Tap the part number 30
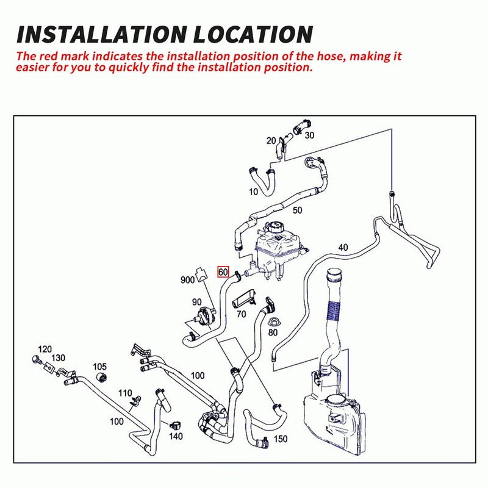pos(309,135)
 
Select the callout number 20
pos(271,141)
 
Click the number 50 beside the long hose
pos(298,210)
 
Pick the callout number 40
pos(343,248)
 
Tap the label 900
pos(187,281)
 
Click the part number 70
pos(241,315)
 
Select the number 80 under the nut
pos(273,332)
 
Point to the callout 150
pos(280,439)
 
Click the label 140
pos(176,436)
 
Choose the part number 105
pos(100,367)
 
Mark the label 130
pos(59,357)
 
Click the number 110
pos(126,392)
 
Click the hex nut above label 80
pos(273,319)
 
